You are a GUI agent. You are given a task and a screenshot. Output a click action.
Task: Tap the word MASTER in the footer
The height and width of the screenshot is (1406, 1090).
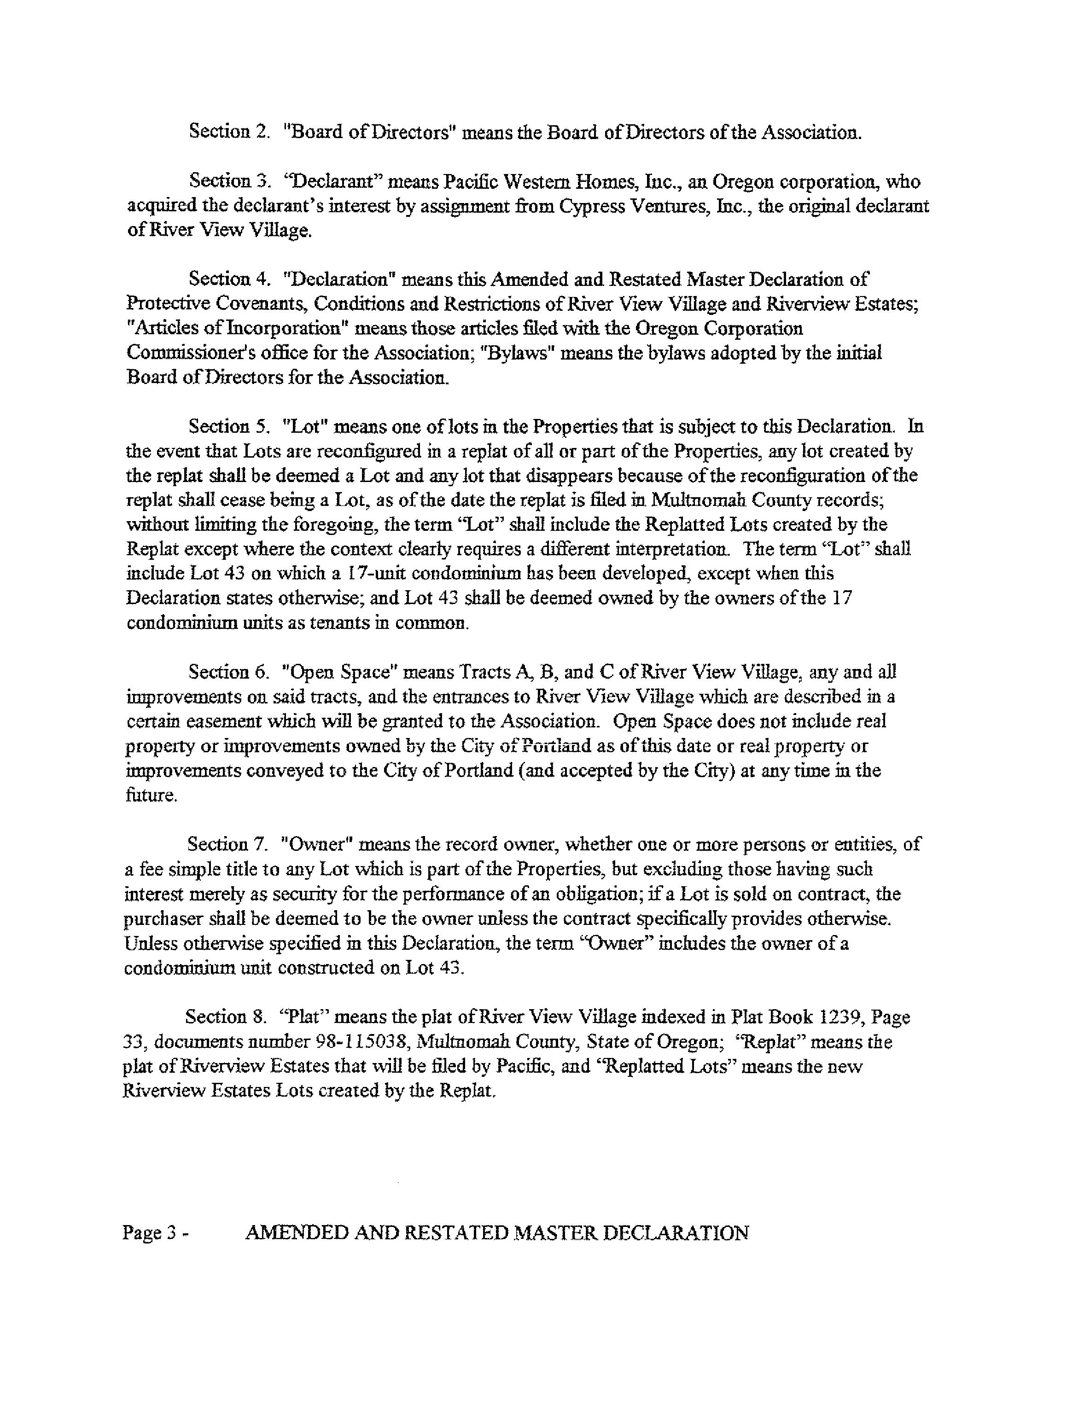[x=558, y=1233]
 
